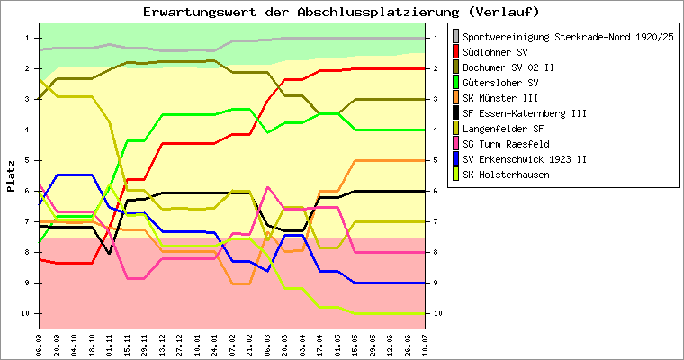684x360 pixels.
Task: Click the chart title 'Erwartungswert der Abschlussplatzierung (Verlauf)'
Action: click(x=341, y=12)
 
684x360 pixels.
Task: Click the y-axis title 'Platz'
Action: click(x=11, y=176)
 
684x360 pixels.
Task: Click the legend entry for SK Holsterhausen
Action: click(x=507, y=175)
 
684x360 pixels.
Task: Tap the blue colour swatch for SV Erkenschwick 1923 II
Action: click(x=455, y=159)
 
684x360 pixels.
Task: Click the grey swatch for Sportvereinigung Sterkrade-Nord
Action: click(x=455, y=35)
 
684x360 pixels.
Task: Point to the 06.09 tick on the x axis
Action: click(x=40, y=344)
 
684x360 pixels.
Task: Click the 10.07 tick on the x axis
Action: click(x=424, y=344)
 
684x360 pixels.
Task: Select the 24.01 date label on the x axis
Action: click(x=213, y=344)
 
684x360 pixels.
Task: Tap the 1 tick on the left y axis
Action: click(x=29, y=38)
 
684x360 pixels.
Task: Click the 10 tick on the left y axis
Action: click(x=27, y=313)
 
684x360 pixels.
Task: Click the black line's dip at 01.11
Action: click(x=109, y=254)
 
